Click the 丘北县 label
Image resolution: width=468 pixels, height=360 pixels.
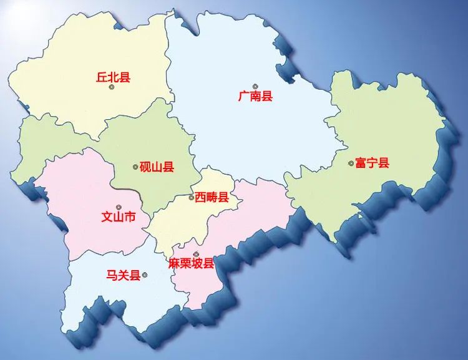coord(113,77)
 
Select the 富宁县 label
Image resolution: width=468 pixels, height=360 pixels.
coord(372,163)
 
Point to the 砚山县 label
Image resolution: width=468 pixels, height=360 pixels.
coord(157,167)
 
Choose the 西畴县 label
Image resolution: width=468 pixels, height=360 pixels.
coord(212,197)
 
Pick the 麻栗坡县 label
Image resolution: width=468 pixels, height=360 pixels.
coord(192,263)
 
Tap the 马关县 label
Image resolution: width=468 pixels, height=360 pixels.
coord(124,275)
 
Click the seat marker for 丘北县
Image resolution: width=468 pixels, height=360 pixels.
coord(112,87)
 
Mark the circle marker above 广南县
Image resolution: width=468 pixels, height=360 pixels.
coord(255,86)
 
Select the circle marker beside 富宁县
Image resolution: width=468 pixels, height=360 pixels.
coord(351,164)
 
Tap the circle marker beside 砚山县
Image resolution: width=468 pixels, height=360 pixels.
coord(135,167)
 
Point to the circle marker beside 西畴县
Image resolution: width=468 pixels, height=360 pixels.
coord(191,198)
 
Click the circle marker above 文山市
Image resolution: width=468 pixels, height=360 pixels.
coord(118,207)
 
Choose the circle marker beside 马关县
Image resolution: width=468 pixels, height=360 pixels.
coord(145,275)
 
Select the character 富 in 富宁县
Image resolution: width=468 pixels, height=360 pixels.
coord(361,163)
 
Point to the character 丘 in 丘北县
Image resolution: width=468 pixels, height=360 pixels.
coord(102,77)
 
